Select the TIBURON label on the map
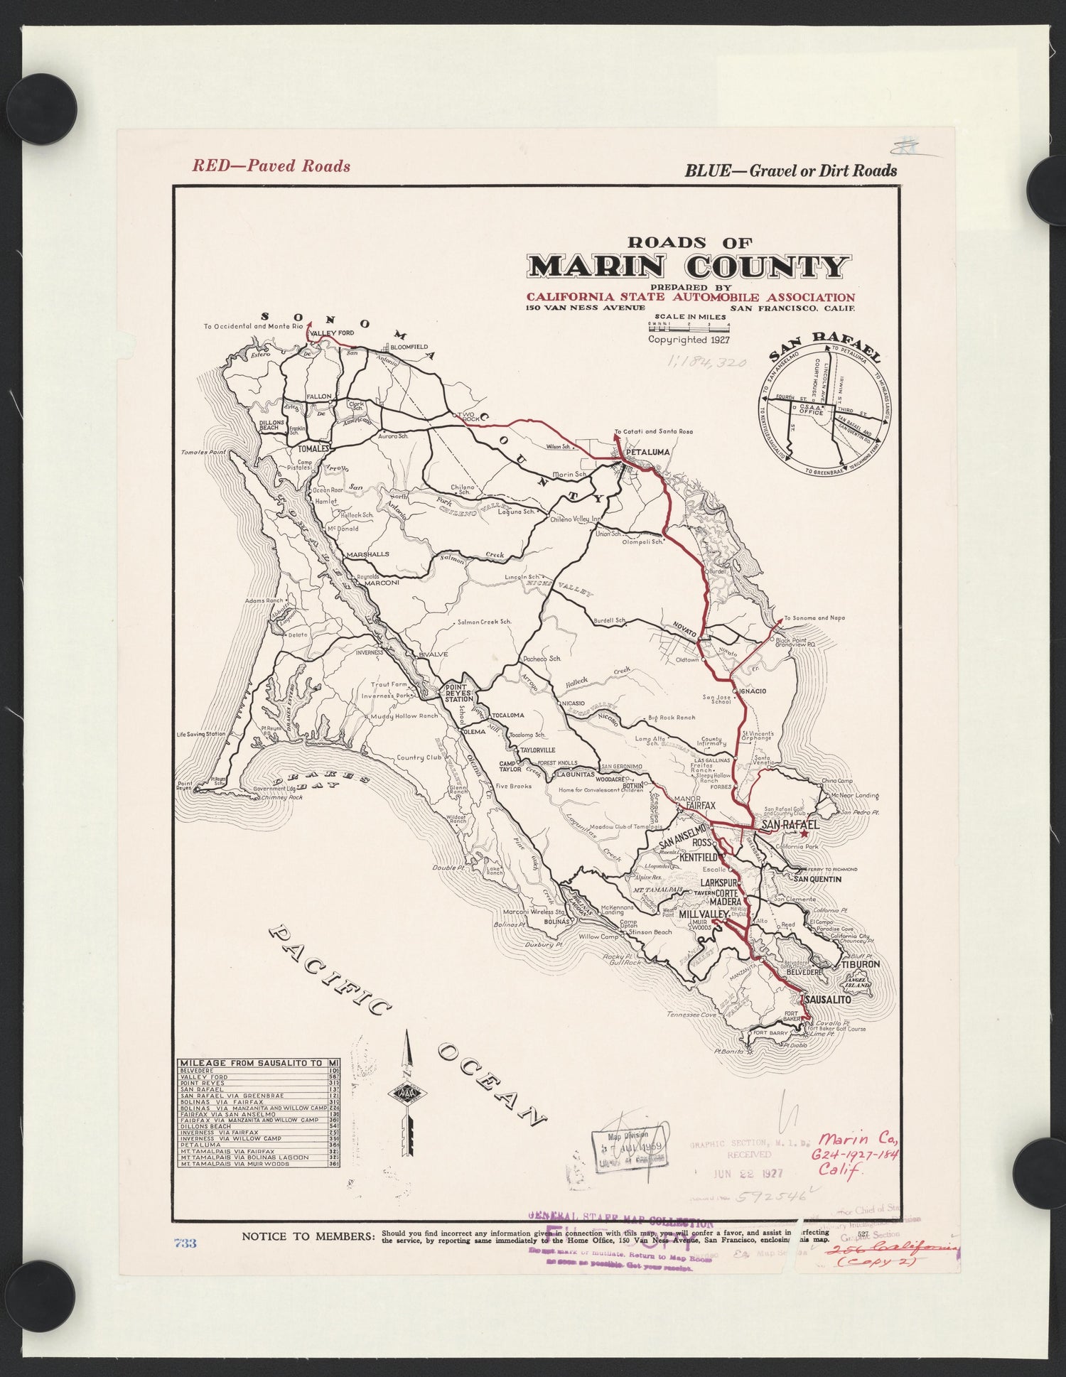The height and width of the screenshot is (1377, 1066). point(861,964)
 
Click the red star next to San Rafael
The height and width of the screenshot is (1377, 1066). point(804,835)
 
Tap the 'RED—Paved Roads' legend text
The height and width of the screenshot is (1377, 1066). point(271,166)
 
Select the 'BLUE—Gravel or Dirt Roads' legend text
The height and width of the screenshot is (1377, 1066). point(790,171)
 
